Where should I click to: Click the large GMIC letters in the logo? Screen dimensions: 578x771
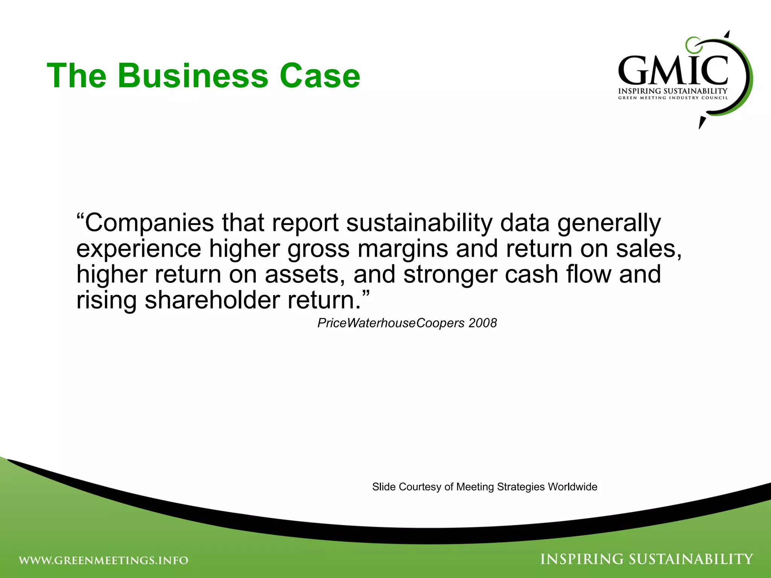coord(673,71)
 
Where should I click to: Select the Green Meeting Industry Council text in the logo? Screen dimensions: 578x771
coord(673,98)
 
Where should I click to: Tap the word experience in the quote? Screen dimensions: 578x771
coord(139,249)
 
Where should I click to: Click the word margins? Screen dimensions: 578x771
coord(402,249)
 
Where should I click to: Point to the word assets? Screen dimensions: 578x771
coord(304,274)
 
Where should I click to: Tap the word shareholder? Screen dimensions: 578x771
coord(212,300)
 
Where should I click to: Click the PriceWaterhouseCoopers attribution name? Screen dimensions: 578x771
coord(391,323)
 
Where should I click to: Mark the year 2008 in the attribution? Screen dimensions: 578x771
coord(483,323)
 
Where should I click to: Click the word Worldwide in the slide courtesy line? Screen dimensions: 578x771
coord(572,487)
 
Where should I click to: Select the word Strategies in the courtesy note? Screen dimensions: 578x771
coord(521,487)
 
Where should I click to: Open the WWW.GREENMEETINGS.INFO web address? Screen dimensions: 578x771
coord(104,560)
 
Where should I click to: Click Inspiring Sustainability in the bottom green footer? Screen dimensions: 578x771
coord(646,559)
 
